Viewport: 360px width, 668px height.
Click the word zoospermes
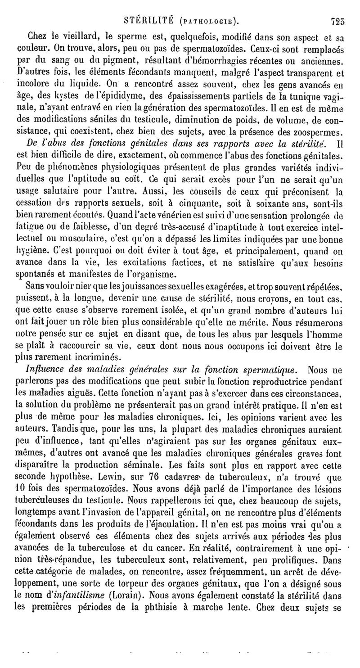(318, 132)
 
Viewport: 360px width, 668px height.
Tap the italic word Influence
(46, 370)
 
